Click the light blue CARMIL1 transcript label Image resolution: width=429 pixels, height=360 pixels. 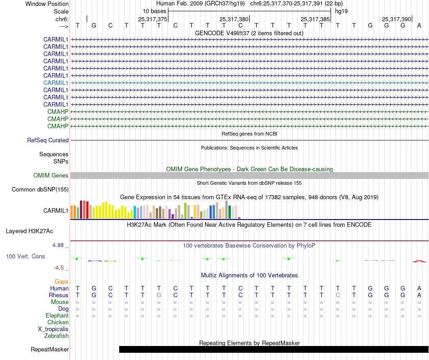56,83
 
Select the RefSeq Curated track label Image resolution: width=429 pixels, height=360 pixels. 48,140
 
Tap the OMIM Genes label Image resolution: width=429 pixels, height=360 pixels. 51,176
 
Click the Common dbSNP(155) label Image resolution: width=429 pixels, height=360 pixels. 40,190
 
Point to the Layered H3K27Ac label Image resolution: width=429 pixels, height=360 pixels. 29,231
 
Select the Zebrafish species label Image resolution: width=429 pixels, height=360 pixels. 56,336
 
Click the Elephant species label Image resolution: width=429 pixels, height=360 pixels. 57,316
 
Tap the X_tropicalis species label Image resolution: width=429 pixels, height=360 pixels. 53,329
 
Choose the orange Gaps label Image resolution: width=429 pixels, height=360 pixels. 61,282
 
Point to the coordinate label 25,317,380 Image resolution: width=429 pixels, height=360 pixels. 234,19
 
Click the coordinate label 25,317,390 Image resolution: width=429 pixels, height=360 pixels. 396,19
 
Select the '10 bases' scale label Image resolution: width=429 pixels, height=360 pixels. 154,11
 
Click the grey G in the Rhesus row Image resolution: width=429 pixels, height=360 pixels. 159,295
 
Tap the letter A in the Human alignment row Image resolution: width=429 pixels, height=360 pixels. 419,289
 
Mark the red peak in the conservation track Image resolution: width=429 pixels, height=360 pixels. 419,261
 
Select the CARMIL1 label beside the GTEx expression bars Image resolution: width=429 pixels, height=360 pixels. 56,210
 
